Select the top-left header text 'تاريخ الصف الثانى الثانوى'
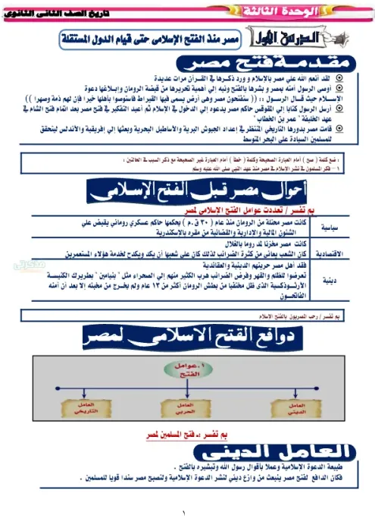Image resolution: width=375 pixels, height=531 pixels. [x=71, y=10]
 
